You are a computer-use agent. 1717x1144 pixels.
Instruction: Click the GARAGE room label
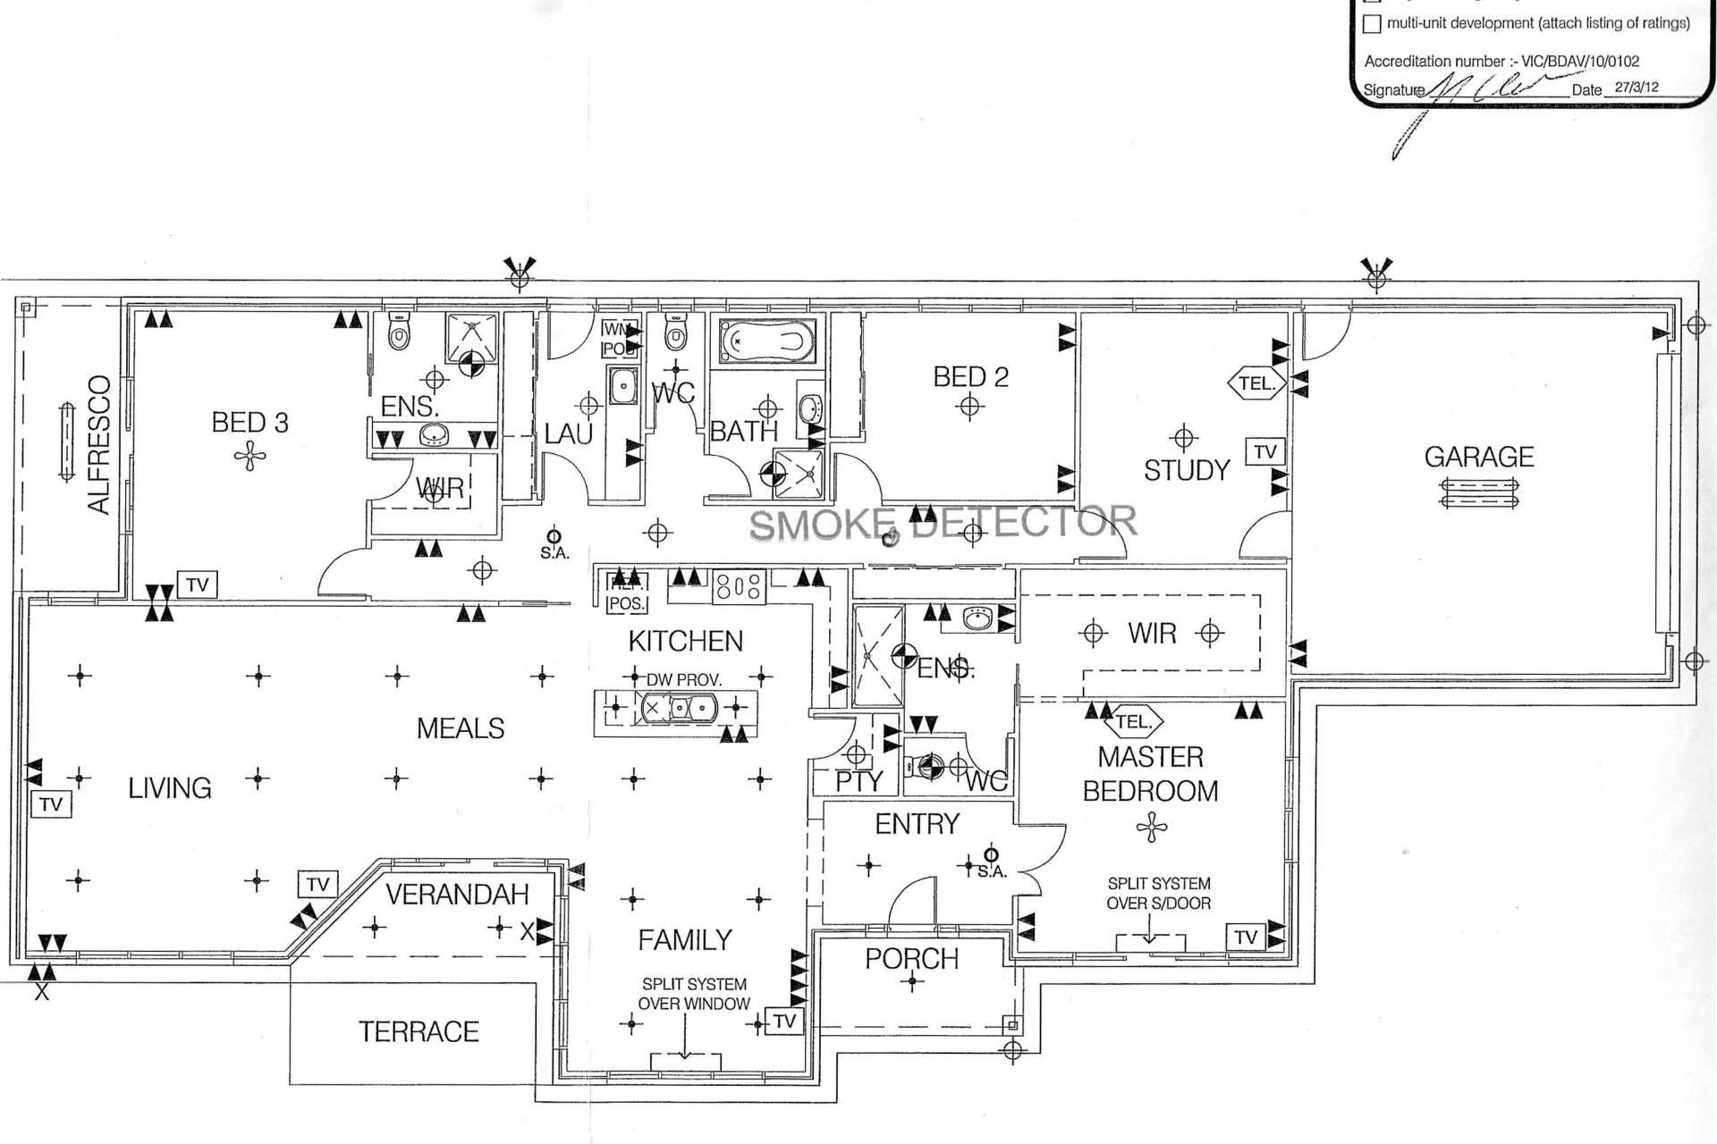1478,457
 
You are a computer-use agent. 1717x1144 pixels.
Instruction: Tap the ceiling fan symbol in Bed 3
250,458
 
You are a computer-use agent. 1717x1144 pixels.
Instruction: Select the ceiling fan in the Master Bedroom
1151,828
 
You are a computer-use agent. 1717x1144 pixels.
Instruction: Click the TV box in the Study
1264,452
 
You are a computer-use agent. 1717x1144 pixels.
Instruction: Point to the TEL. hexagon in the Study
1256,383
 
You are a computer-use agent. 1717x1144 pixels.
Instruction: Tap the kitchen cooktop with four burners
740,587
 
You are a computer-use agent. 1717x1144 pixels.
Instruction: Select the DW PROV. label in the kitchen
684,680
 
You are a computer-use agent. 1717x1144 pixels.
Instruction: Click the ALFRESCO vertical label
99,444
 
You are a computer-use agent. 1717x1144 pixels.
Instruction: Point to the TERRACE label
419,1031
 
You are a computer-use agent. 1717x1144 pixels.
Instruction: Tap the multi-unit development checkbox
1372,24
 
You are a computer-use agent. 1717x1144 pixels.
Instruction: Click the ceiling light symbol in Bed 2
969,408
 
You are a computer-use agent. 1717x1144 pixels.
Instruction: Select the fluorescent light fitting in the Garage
1479,493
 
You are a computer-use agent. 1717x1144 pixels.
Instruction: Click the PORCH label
911,959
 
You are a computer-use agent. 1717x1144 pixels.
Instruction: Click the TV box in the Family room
784,1022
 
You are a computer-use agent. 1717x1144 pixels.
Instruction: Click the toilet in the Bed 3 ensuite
399,334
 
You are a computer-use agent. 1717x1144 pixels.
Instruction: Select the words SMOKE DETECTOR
943,523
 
